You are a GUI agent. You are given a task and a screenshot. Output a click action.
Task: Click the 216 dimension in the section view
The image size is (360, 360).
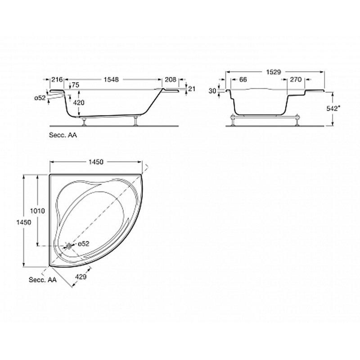(x=57, y=80)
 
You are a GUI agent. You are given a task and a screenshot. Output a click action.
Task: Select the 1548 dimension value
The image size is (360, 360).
(x=111, y=80)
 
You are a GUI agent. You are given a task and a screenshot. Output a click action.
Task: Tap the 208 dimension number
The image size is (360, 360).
(x=171, y=80)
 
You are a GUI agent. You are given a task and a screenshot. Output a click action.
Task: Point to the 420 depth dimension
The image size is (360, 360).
(x=79, y=103)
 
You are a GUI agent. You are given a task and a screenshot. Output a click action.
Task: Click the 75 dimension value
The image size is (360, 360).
(x=75, y=85)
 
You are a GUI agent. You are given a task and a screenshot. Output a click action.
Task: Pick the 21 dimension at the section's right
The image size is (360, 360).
(x=192, y=88)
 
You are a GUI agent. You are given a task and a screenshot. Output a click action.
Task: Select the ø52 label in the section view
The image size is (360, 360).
(x=40, y=98)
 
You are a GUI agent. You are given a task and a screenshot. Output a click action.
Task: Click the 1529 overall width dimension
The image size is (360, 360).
(x=274, y=72)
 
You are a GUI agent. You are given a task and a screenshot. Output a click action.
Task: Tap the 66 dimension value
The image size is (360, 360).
(x=243, y=80)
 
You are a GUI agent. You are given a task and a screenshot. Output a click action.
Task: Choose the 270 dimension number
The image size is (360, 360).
(x=296, y=80)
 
